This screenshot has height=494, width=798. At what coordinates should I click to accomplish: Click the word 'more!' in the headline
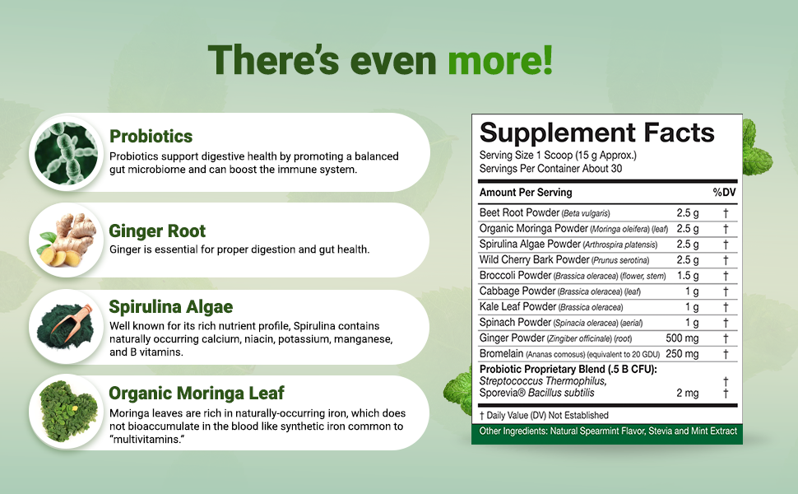499,61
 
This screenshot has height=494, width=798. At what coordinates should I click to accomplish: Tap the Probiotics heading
151,137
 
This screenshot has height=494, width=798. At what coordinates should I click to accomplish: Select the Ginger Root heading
157,231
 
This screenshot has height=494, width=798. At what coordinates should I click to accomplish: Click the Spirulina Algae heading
170,307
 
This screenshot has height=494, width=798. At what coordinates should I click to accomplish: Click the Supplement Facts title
596,133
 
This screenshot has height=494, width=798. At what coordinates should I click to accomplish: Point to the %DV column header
723,193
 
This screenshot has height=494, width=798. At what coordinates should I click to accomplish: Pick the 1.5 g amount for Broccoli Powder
688,276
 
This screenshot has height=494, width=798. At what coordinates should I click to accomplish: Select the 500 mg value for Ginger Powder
682,338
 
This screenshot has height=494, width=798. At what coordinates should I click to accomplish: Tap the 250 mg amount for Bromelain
682,354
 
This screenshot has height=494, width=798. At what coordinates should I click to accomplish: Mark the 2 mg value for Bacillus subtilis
688,394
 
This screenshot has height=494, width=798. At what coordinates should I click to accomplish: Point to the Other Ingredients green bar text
608,431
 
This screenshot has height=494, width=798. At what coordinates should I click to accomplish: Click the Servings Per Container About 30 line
550,169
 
